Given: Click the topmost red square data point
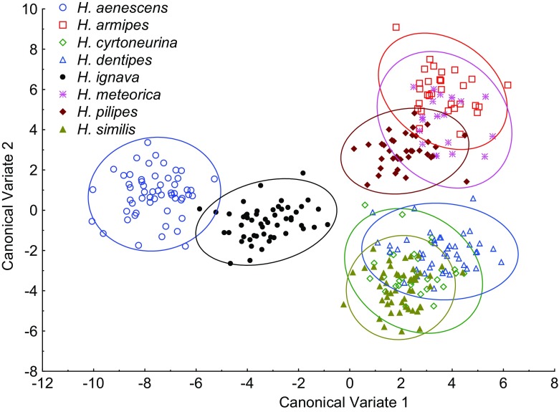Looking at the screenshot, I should tap(396, 27).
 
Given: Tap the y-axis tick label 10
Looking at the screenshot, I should tap(29, 9).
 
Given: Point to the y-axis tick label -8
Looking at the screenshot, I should tap(29, 372).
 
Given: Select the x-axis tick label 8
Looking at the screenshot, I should tap(554, 383).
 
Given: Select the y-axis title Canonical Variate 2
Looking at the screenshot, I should tap(10, 190).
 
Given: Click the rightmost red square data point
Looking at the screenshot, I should tap(507, 85).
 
